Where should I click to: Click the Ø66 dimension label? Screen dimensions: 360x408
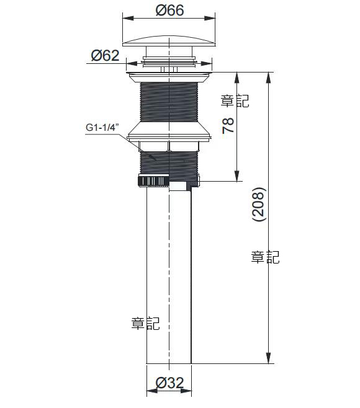coord(169,10)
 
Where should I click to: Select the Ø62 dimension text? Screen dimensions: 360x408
coord(106,55)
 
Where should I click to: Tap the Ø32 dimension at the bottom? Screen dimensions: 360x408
coord(169,383)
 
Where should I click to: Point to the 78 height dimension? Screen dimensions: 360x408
coord(228,126)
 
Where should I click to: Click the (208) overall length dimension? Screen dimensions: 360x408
coord(259,204)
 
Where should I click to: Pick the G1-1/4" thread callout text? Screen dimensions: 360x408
coord(102,128)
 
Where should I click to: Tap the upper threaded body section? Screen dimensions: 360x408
coord(169,102)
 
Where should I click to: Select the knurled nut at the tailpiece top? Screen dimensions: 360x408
coord(153,180)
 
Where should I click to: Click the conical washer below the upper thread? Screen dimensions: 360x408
coord(169,131)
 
